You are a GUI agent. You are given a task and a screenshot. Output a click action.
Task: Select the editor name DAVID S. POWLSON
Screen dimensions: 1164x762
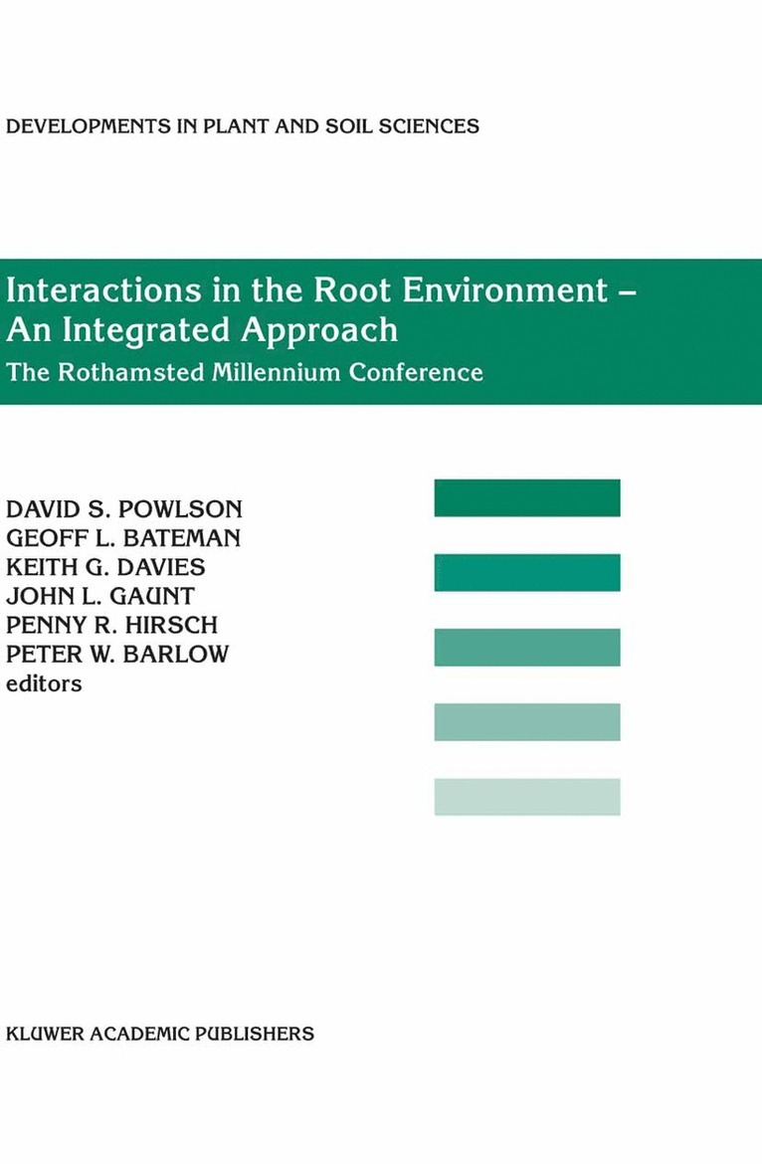124,509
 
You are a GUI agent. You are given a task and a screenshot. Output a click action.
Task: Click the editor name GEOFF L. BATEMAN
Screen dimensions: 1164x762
123,538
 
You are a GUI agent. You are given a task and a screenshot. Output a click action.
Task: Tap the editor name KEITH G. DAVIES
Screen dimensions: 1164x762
106,567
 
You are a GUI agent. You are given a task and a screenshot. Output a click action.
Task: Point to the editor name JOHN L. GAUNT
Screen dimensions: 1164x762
100,596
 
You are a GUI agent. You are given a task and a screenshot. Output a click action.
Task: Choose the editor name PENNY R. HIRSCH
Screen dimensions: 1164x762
111,625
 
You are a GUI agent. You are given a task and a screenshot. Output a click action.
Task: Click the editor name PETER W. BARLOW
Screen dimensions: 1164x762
117,654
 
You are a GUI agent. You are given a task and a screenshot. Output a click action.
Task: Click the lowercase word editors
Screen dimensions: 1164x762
44,683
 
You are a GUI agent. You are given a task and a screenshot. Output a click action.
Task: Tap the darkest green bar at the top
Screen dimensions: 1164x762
527,497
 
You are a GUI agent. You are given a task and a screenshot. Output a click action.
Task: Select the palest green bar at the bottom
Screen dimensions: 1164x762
527,797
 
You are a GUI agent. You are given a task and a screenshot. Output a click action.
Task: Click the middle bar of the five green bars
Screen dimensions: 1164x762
527,647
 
